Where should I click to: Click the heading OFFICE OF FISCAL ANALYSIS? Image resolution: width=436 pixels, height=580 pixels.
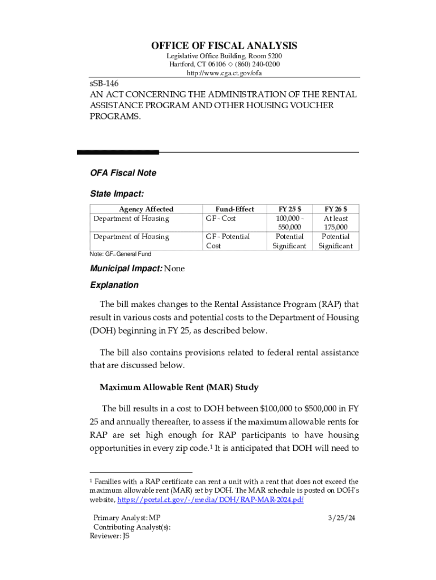224,46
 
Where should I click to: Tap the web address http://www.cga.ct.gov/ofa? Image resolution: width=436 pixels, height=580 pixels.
224,73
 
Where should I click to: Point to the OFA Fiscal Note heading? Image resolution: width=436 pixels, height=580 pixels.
123,173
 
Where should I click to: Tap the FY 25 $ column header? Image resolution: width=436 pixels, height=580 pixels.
289,209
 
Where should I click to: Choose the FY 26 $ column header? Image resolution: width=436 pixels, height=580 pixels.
336,209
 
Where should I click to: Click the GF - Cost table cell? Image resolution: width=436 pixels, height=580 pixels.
220,219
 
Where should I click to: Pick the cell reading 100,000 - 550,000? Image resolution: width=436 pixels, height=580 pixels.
289,223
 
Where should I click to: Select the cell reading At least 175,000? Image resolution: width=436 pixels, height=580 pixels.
336,223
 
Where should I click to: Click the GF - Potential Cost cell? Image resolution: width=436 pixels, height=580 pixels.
227,241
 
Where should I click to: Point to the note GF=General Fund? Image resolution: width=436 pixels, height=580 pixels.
121,254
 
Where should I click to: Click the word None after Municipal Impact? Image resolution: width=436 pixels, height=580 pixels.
174,268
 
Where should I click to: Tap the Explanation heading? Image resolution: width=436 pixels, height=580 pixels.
114,285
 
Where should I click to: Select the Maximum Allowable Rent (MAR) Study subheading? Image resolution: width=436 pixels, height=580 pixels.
179,387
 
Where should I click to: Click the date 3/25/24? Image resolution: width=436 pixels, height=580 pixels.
341,518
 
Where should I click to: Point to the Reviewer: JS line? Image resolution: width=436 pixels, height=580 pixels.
110,536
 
